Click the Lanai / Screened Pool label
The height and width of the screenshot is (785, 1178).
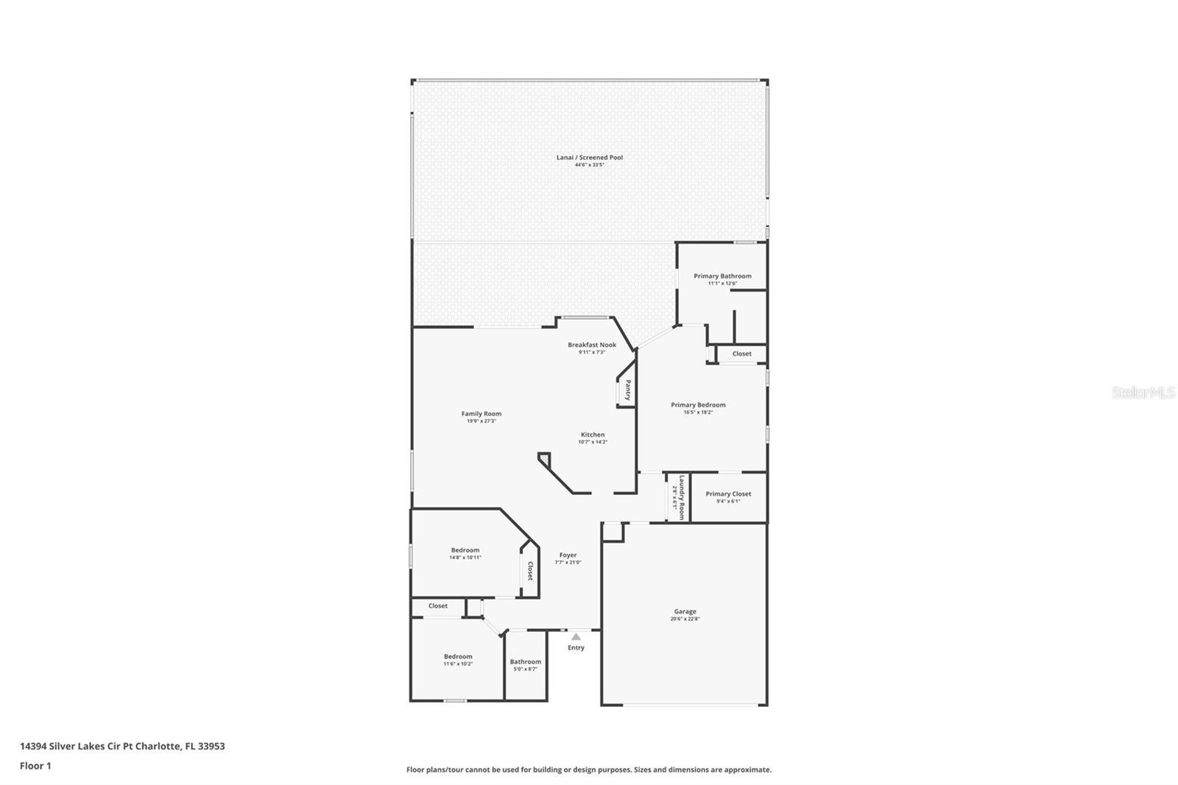click(589, 157)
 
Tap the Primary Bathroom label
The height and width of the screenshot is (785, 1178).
click(722, 276)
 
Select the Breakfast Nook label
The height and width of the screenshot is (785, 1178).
click(592, 345)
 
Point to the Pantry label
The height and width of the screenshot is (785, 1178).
click(628, 390)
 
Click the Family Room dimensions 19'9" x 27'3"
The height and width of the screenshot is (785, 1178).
click(482, 421)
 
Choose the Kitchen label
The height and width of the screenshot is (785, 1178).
click(593, 434)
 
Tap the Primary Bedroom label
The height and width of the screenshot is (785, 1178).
click(698, 404)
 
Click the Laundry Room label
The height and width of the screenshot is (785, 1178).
click(682, 498)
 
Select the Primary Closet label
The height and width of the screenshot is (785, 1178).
click(728, 493)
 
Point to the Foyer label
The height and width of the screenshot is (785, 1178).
click(568, 555)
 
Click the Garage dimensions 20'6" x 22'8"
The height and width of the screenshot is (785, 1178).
click(685, 619)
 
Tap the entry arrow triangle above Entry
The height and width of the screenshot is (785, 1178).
click(576, 637)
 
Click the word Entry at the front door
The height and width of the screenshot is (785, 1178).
click(576, 647)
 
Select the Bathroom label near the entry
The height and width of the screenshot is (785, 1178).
click(525, 661)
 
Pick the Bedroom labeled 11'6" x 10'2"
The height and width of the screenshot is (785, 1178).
click(458, 656)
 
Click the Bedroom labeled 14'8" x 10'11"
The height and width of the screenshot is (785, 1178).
click(465, 549)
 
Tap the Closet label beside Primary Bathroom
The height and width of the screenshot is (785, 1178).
click(741, 353)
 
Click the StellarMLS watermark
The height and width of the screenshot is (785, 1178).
click(1143, 392)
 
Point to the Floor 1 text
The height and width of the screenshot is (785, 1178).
click(35, 766)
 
